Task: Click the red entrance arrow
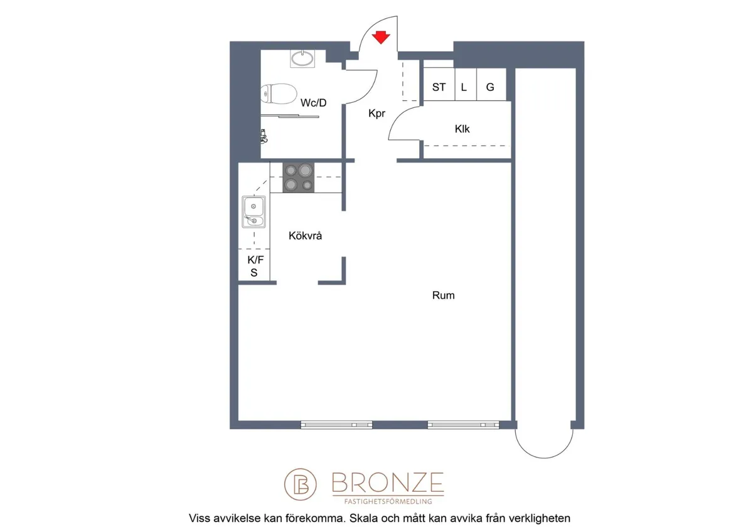click(x=380, y=38)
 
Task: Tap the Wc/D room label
click(x=313, y=103)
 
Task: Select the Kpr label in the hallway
click(x=376, y=114)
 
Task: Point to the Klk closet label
click(x=462, y=129)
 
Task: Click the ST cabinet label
click(x=439, y=87)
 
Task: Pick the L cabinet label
click(x=464, y=87)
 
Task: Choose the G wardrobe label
click(x=490, y=87)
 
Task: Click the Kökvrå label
click(x=305, y=236)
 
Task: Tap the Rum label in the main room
click(x=444, y=295)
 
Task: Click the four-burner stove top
click(x=298, y=178)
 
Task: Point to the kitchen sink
click(x=254, y=212)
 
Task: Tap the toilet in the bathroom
click(x=279, y=93)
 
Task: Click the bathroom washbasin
click(x=302, y=58)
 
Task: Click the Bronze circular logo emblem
click(x=300, y=484)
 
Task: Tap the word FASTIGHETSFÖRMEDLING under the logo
click(x=388, y=501)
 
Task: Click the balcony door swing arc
click(x=544, y=458)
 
